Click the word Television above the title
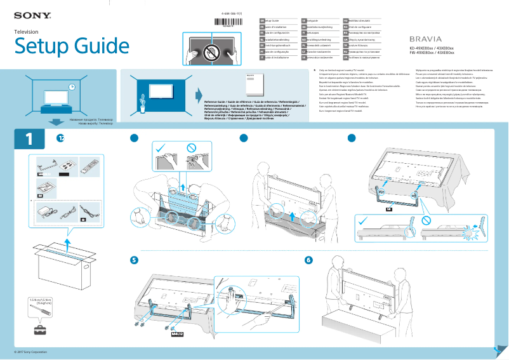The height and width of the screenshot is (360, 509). click(27, 31)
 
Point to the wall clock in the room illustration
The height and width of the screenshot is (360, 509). click(72, 87)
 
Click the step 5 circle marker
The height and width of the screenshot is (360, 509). click(134, 260)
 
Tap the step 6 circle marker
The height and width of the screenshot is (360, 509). click(308, 260)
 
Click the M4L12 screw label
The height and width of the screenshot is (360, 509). click(178, 331)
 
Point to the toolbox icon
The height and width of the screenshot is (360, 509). click(41, 330)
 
